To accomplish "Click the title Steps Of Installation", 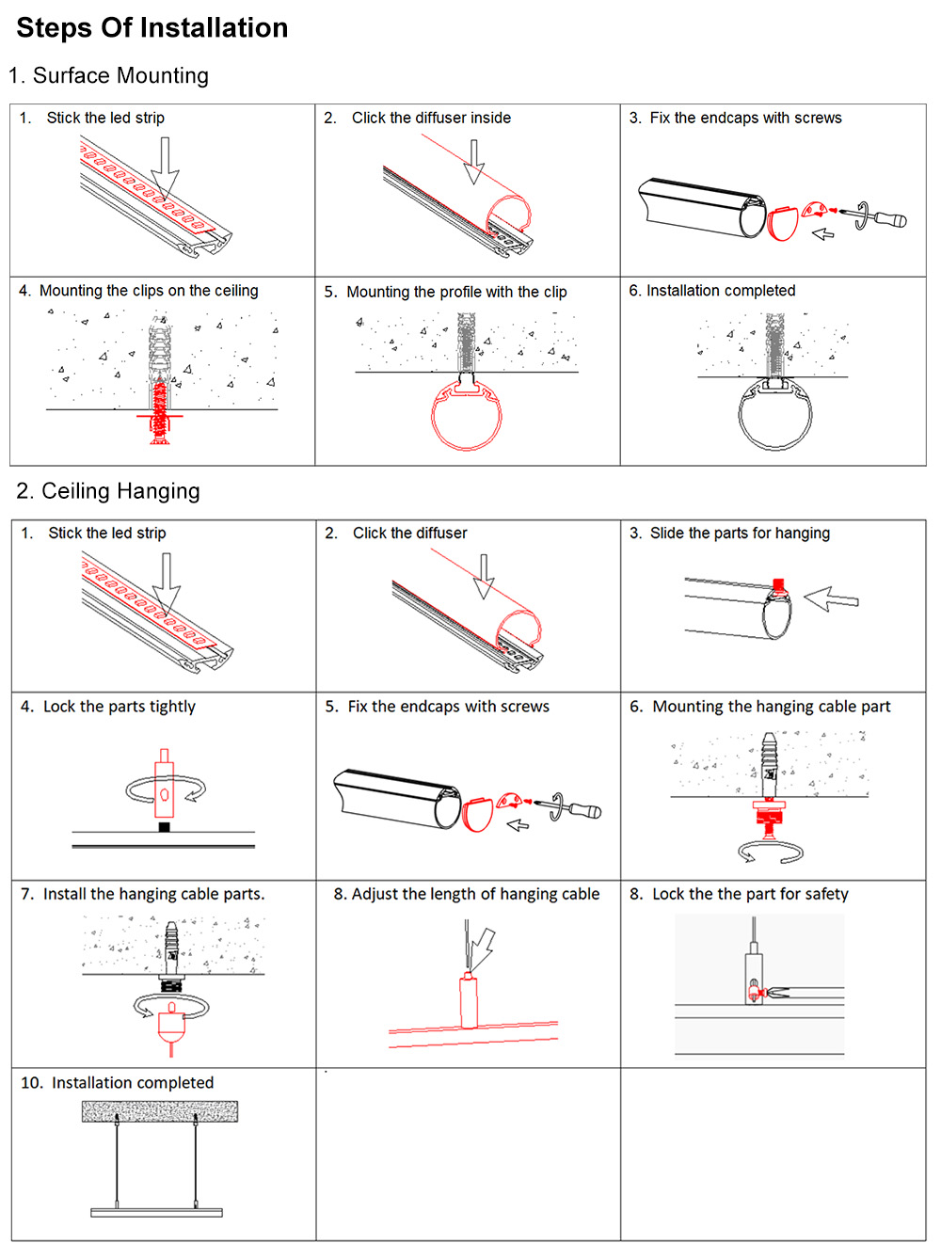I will coord(152,28).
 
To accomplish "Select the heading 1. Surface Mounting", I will coord(108,76).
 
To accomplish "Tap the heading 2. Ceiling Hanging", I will coord(108,491).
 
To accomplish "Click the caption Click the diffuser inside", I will coord(431,118).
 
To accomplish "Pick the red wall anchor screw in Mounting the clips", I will coord(160,409).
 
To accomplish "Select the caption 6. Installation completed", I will coord(712,291).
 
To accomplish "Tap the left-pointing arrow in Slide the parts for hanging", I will coord(831,598).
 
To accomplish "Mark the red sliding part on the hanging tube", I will coord(778,587).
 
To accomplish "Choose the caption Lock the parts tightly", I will coord(119,707).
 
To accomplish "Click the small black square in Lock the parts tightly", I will coord(164,827).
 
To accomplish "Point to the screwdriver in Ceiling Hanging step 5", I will coord(576,808).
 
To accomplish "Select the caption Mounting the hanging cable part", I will coord(771,707).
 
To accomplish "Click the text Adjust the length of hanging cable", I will coord(474,894).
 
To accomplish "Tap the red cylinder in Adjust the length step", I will coord(469,1001).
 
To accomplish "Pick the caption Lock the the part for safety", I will coord(749,894).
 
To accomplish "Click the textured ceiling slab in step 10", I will coord(160,1111).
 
